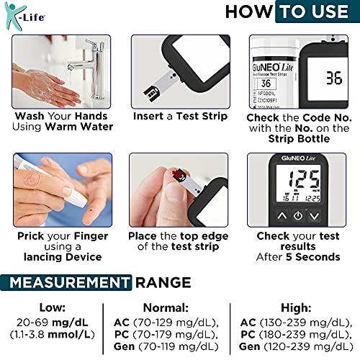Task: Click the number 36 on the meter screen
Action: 333,78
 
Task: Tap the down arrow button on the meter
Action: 315,215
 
